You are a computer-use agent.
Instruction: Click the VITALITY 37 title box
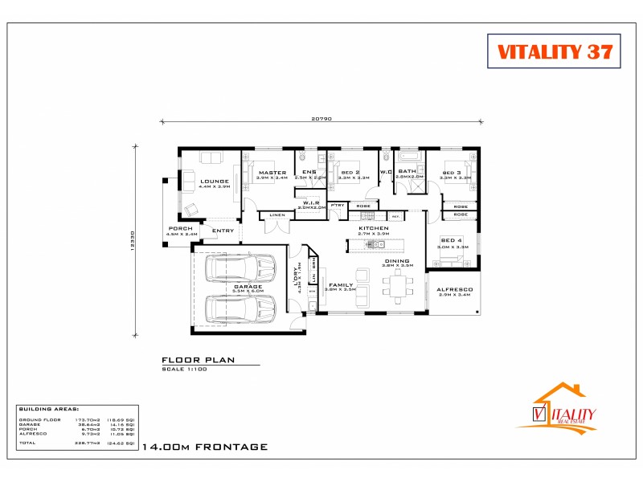555,51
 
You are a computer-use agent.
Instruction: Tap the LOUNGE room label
215,182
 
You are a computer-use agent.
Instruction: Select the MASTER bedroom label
272,173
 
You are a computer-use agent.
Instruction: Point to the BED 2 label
350,173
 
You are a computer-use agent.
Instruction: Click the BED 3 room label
451,173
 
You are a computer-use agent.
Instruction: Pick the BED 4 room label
452,240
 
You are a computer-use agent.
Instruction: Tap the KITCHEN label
374,228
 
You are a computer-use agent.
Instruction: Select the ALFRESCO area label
454,289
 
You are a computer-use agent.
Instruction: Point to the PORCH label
181,229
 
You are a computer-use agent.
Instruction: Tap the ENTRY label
223,231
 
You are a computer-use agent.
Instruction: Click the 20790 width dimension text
321,118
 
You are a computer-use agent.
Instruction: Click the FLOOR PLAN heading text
198,360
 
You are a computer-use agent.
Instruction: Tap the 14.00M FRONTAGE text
203,447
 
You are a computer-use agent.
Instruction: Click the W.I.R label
312,202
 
